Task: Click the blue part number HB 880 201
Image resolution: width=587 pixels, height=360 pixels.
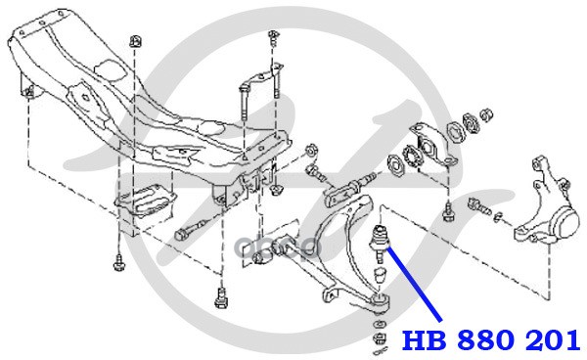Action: tap(491, 340)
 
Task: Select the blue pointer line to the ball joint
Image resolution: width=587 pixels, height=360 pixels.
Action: tap(414, 285)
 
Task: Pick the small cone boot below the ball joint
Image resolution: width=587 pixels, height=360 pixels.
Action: tap(380, 275)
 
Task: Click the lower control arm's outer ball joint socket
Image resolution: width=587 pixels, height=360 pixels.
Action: tap(381, 300)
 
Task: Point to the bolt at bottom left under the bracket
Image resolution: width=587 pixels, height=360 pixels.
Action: tap(118, 262)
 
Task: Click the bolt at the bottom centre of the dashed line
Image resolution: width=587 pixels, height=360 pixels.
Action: tap(221, 297)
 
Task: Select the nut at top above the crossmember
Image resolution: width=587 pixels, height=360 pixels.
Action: tap(135, 41)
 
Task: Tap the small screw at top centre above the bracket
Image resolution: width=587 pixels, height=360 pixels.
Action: tap(273, 38)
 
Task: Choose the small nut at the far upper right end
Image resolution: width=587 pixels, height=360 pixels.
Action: tap(486, 114)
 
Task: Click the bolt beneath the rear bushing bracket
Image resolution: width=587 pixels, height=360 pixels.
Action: tap(446, 213)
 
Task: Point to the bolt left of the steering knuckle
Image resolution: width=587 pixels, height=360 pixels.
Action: tap(478, 207)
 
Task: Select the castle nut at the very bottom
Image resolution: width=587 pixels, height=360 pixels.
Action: tap(379, 338)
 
